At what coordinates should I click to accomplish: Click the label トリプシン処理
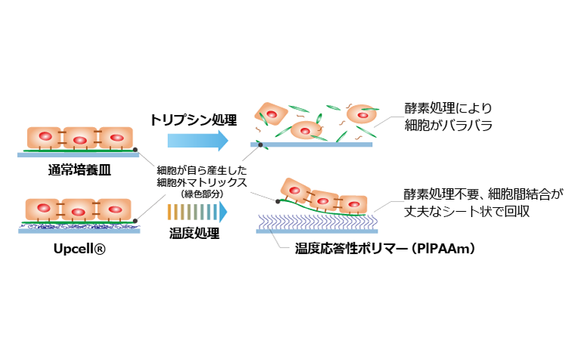coord(194,119)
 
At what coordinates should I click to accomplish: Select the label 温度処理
coord(194,233)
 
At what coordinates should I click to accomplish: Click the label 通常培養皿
coord(79,167)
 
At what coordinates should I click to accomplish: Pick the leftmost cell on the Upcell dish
coord(43,209)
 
